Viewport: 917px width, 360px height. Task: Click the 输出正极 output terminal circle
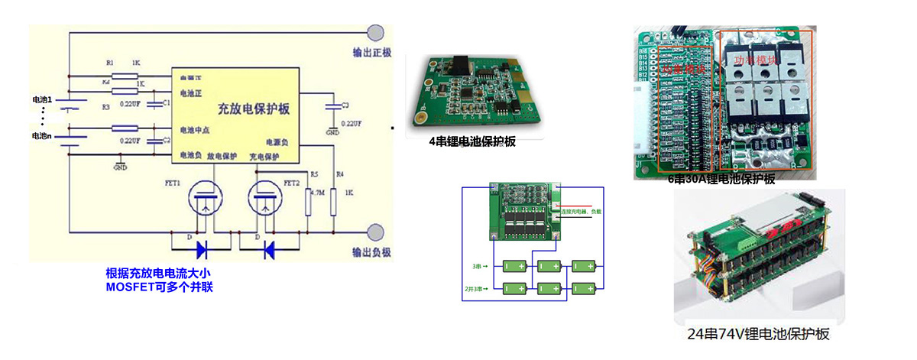(x=376, y=33)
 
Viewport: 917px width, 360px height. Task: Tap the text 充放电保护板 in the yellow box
(x=254, y=109)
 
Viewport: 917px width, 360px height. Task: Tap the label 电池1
(x=41, y=100)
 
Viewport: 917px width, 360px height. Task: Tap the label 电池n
(x=41, y=136)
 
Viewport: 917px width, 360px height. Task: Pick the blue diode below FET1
(x=204, y=249)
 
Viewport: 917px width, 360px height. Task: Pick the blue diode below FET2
(x=269, y=249)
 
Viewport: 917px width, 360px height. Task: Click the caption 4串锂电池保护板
(x=472, y=141)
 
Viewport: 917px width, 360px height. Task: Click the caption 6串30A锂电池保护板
(x=721, y=180)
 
